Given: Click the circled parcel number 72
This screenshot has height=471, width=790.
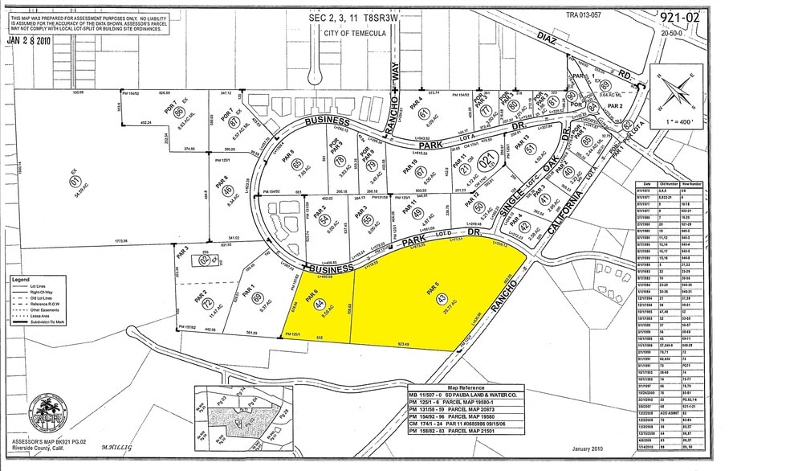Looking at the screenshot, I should tap(206, 304).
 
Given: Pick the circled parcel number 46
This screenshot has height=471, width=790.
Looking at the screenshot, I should tap(229, 190).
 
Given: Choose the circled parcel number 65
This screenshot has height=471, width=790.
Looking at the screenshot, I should tap(296, 164).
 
